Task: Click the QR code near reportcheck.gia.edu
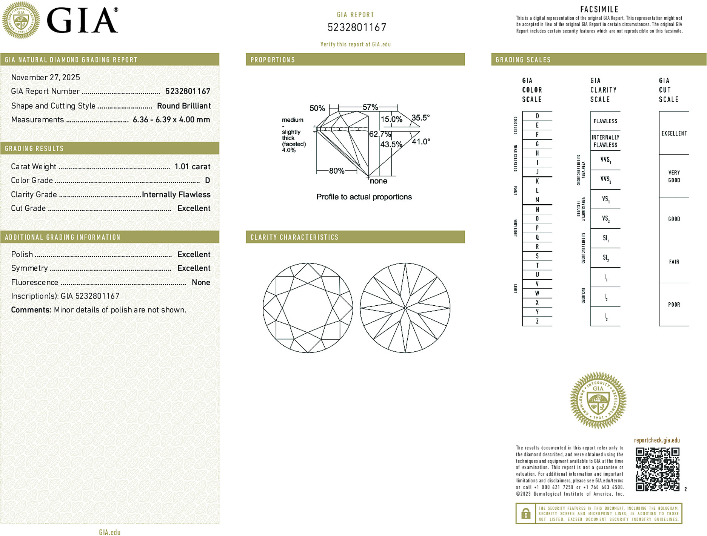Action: click(657, 469)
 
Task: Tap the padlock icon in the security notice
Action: click(525, 513)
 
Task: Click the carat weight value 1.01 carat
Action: click(192, 167)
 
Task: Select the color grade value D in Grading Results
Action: click(207, 181)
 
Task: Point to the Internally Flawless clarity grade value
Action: click(176, 194)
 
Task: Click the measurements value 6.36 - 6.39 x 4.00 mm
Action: click(171, 120)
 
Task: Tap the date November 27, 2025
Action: click(46, 78)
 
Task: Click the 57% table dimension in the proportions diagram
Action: click(370, 107)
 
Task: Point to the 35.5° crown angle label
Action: click(421, 118)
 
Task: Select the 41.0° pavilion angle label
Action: click(421, 142)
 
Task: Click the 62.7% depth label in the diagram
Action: click(380, 134)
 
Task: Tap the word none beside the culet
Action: click(379, 181)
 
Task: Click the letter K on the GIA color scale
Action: click(537, 181)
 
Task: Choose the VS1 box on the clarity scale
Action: click(605, 199)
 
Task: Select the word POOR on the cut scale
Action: click(674, 305)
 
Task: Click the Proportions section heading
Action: click(273, 60)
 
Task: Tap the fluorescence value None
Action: click(201, 282)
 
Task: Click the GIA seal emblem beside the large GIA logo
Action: click(21, 20)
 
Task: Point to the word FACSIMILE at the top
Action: click(599, 9)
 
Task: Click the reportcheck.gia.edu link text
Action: click(657, 440)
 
